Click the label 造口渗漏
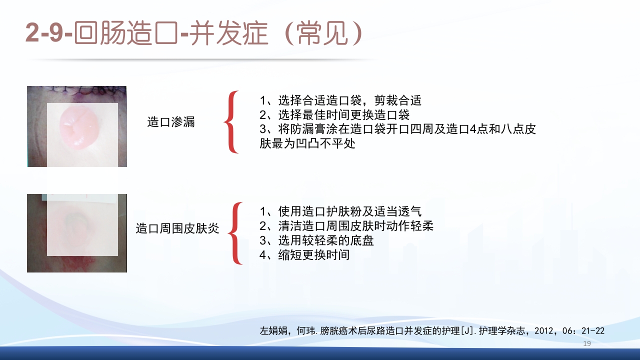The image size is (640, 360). coord(170,122)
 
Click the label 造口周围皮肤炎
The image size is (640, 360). coord(177,229)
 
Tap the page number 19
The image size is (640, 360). coord(587,343)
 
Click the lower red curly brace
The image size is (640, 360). coord(235,233)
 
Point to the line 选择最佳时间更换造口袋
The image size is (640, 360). coord(334,114)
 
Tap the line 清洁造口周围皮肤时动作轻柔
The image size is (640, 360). coord(346,226)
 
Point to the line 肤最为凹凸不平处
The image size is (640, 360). coord(307,144)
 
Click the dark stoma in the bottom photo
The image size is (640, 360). coord(76,218)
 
